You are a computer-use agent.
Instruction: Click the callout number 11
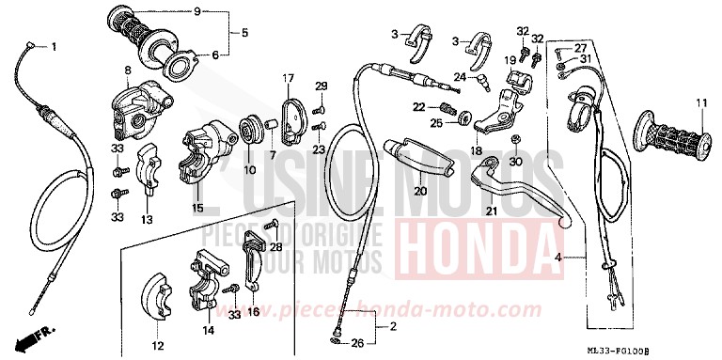(x=699, y=102)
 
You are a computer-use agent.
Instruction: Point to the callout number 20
(x=420, y=192)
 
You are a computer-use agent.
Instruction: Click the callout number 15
(x=197, y=208)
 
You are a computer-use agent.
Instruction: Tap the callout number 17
(x=291, y=77)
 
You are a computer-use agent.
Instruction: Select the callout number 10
(x=248, y=170)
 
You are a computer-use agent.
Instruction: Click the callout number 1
(x=54, y=47)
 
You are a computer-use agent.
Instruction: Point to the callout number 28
(x=276, y=246)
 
